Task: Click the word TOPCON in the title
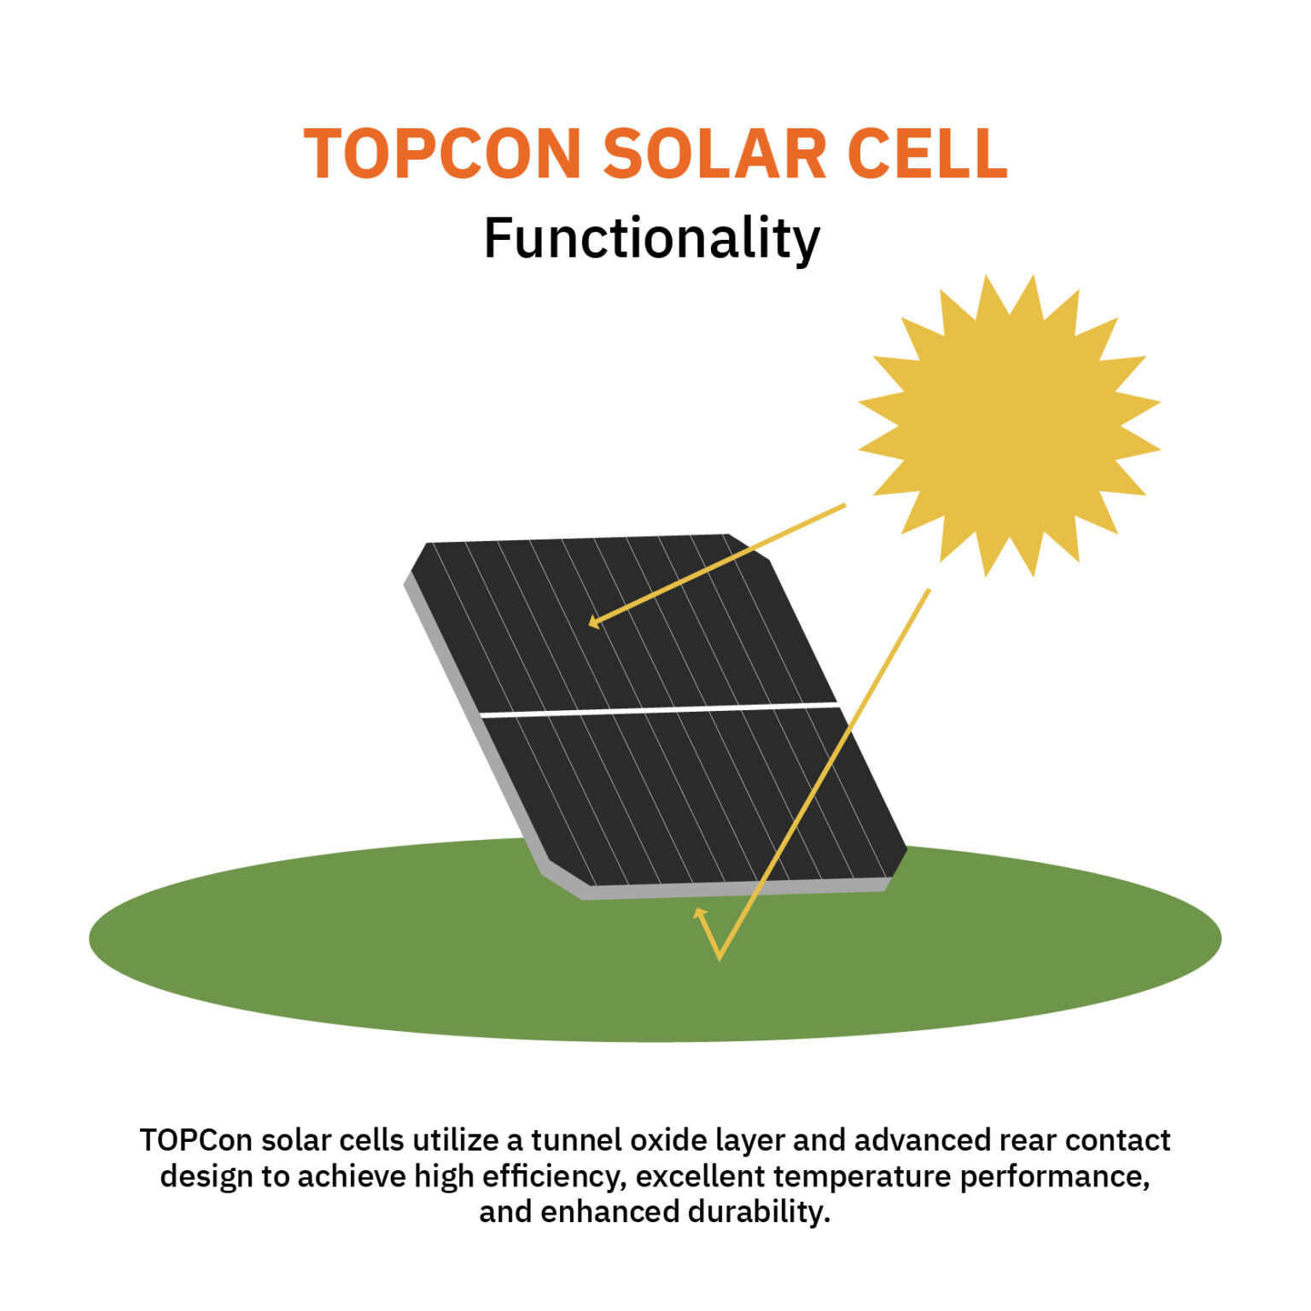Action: (x=442, y=154)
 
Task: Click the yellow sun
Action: (x=1009, y=425)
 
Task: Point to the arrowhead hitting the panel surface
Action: (x=594, y=622)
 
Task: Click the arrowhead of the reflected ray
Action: (x=700, y=914)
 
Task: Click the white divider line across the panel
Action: (x=657, y=709)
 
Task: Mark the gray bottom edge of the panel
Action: (x=734, y=891)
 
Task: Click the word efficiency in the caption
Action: (x=554, y=1176)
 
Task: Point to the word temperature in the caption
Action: (x=862, y=1176)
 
